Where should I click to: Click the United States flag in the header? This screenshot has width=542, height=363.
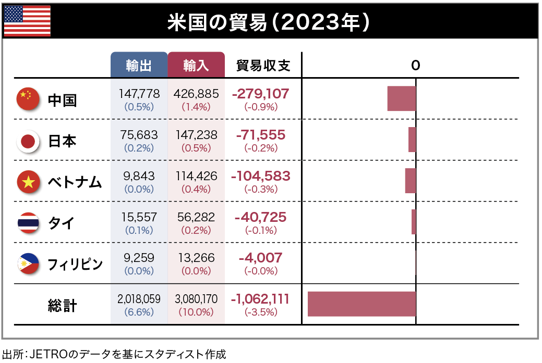pyautogui.click(x=27, y=21)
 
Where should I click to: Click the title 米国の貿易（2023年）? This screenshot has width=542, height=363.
pyautogui.click(x=270, y=22)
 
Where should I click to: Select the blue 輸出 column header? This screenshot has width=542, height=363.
pyautogui.click(x=139, y=65)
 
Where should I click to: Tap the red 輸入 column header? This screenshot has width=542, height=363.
pyautogui.click(x=196, y=65)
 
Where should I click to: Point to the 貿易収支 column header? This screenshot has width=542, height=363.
pyautogui.click(x=263, y=65)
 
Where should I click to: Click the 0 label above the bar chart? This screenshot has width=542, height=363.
pyautogui.click(x=415, y=65)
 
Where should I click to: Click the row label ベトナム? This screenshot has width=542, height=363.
pyautogui.click(x=75, y=182)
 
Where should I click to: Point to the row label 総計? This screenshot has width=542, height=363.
pyautogui.click(x=62, y=305)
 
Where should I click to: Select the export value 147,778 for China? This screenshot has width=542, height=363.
pyautogui.click(x=139, y=94)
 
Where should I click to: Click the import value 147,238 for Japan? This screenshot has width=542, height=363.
pyautogui.click(x=196, y=135)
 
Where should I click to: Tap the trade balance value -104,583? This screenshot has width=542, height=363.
pyautogui.click(x=261, y=176)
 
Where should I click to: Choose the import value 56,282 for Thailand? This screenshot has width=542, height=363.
pyautogui.click(x=196, y=217)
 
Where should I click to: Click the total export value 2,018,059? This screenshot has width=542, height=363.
pyautogui.click(x=139, y=299)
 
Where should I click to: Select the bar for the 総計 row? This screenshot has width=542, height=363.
pyautogui.click(x=362, y=304)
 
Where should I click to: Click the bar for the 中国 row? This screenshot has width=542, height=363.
pyautogui.click(x=401, y=98)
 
